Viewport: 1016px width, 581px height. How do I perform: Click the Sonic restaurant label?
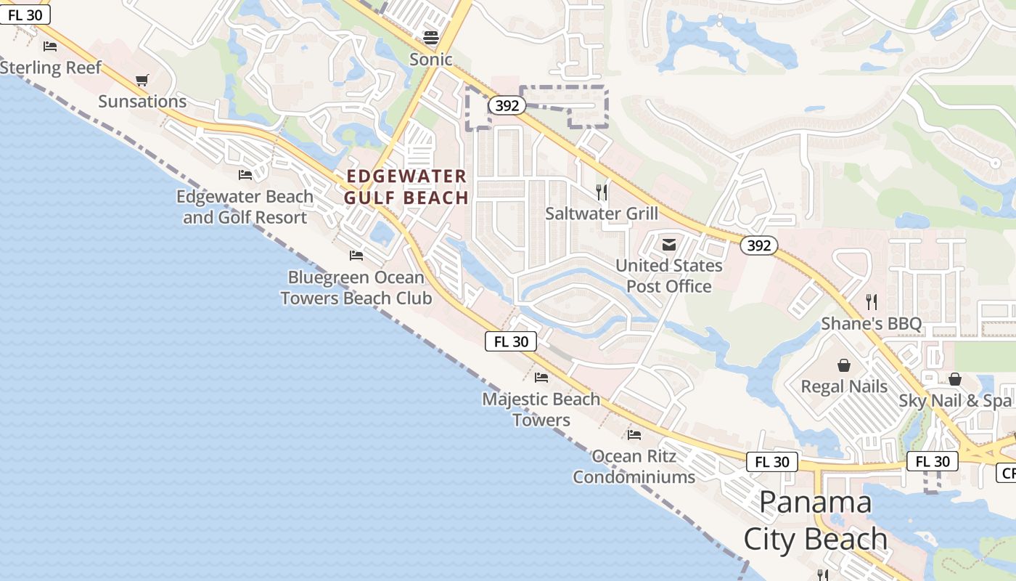(430, 60)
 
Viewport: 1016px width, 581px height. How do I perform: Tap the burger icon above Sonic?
(431, 38)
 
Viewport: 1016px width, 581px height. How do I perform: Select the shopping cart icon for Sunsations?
(142, 81)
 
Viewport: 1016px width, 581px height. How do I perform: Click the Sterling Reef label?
(51, 68)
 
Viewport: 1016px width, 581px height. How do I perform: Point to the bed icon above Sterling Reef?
(50, 46)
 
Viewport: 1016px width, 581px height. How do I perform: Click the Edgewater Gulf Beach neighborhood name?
(406, 187)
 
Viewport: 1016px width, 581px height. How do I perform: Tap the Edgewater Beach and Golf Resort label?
(245, 207)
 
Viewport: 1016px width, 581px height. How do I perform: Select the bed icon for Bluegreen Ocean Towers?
(356, 256)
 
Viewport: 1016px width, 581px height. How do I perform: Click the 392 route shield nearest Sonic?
(507, 106)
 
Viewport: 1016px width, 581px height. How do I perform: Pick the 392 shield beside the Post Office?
(758, 245)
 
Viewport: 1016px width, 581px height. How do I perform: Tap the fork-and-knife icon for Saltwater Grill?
(602, 192)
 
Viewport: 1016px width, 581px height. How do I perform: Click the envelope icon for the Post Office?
(669, 245)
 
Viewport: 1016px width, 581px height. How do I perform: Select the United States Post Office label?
(669, 276)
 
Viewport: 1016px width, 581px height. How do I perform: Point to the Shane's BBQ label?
(871, 323)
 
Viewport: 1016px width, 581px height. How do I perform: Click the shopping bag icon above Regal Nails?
(844, 365)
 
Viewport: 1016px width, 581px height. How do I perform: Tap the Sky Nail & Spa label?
(954, 401)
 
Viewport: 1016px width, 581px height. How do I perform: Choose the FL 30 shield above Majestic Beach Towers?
(511, 341)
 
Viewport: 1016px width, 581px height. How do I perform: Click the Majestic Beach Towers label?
(541, 409)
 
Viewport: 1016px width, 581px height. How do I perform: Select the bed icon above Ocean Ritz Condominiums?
(634, 435)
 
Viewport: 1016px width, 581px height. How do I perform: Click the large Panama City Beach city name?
(816, 521)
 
